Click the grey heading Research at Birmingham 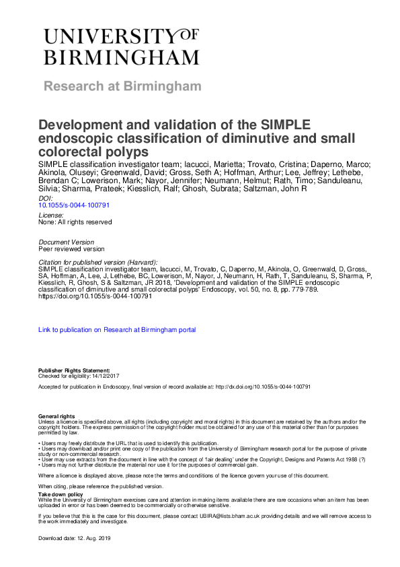coord(122,86)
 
